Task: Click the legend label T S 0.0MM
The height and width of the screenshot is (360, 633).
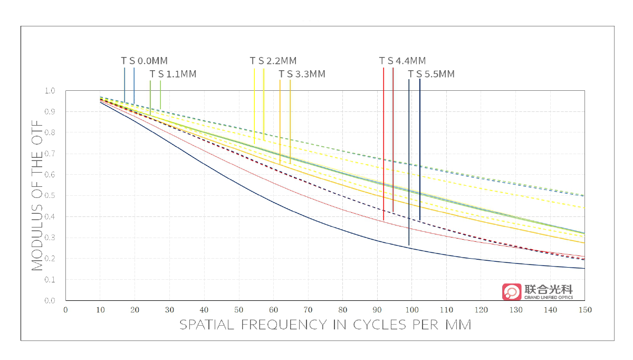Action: click(144, 61)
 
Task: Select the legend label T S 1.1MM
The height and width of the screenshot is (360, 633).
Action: click(172, 74)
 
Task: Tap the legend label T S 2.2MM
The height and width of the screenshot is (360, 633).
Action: click(273, 61)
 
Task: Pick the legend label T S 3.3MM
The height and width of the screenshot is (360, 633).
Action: click(302, 74)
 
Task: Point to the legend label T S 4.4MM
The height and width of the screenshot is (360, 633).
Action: click(402, 61)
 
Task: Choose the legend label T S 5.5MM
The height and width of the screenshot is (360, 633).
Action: click(431, 74)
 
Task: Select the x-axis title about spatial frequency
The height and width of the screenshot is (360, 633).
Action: click(325, 324)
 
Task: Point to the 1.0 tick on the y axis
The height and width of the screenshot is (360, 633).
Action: click(50, 91)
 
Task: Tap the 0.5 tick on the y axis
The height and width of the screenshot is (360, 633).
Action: click(50, 196)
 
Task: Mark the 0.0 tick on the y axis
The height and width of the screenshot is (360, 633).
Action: click(50, 301)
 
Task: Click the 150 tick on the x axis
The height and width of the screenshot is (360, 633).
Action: click(584, 310)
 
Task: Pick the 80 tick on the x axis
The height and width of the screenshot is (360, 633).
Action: click(342, 310)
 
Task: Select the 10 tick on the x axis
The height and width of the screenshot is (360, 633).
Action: click(100, 310)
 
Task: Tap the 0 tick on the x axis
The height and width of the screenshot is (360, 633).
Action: click(65, 310)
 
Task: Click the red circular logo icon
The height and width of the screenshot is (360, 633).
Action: click(511, 292)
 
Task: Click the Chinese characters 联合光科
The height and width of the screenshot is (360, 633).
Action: click(549, 289)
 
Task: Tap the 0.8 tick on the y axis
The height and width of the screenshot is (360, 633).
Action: click(50, 133)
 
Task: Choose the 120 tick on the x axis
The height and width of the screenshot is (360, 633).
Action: click(481, 310)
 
